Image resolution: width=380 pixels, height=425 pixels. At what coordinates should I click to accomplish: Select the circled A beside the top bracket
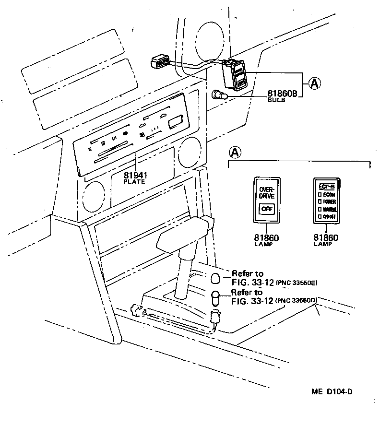[314, 84]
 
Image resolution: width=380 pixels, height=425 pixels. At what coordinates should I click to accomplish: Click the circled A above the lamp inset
[234, 153]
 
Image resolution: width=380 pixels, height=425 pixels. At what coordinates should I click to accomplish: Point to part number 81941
[135, 176]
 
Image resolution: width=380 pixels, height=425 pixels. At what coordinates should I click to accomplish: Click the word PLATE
[135, 182]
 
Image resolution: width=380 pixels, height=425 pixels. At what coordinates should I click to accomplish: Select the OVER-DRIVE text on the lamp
[266, 192]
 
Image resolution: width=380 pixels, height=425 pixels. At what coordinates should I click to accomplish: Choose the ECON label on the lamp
[329, 195]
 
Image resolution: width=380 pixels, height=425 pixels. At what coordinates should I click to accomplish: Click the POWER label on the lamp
[329, 202]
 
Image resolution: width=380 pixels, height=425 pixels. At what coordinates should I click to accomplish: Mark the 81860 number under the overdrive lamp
[266, 238]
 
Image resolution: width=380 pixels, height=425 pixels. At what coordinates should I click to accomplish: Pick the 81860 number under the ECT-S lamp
[326, 238]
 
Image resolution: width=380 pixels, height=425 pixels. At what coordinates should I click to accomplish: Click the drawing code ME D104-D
[332, 391]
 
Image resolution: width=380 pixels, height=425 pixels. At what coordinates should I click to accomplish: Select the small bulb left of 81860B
[219, 96]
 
